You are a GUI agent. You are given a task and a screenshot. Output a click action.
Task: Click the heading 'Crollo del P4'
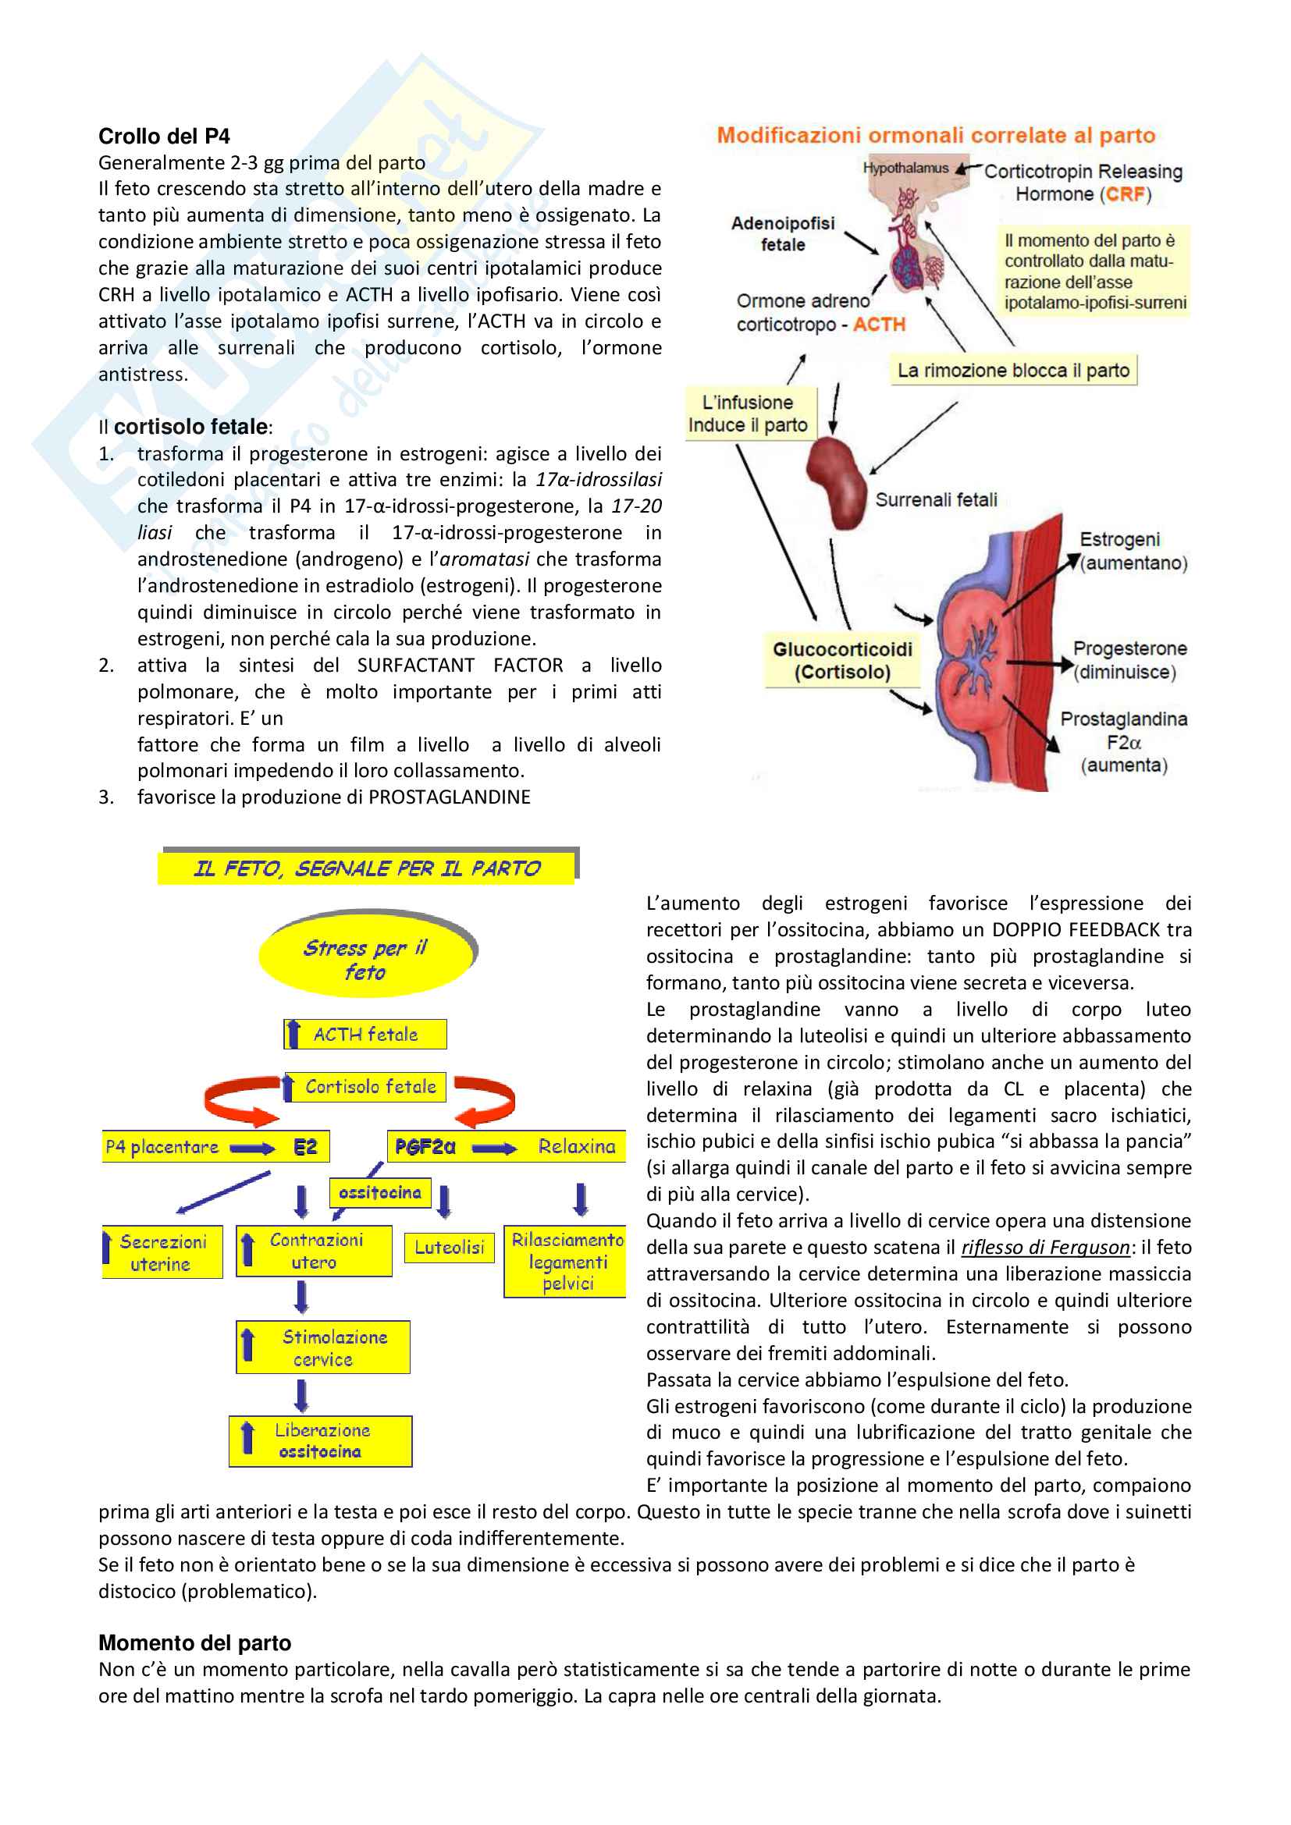164,137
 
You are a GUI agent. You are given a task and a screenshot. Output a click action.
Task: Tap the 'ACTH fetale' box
365,1034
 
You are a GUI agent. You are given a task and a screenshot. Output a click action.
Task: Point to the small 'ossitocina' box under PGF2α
379,1192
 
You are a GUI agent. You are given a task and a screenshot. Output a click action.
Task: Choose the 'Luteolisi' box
449,1247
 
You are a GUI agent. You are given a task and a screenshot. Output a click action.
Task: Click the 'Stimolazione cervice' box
324,1348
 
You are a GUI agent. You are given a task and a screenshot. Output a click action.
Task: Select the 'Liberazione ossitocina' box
320,1441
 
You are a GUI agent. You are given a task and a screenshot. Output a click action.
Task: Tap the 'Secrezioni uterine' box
162,1253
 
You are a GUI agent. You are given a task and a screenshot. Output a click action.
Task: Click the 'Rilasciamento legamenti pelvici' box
566,1262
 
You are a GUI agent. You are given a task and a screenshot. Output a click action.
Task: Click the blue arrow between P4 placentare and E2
253,1148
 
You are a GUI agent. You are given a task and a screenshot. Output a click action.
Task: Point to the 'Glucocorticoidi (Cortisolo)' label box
842,661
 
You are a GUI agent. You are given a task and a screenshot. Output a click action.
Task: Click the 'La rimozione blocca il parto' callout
1013,371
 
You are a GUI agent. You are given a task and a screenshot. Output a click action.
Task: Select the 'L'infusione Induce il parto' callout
747,414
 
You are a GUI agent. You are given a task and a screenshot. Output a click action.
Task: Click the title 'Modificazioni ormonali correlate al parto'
936,135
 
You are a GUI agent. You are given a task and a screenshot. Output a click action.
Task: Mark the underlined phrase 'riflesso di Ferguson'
1044,1247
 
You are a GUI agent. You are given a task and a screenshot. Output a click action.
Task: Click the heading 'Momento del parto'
195,1643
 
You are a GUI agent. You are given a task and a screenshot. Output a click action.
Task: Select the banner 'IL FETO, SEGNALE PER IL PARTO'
367,868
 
